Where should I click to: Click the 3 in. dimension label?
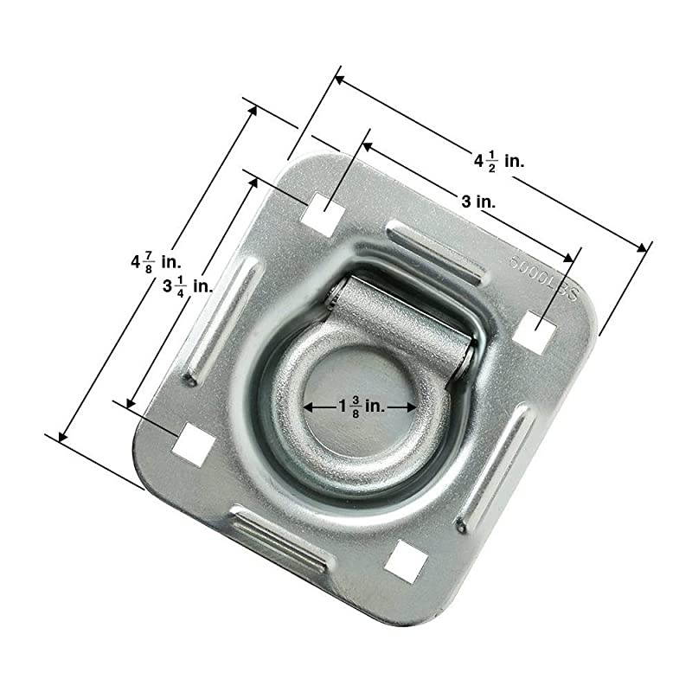[x=477, y=202]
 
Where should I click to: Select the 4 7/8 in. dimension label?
[x=154, y=260]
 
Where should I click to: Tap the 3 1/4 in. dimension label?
[x=187, y=286]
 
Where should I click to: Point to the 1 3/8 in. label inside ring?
[x=356, y=405]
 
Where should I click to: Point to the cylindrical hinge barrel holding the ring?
[x=402, y=317]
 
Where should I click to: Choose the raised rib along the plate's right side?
[x=494, y=468]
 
